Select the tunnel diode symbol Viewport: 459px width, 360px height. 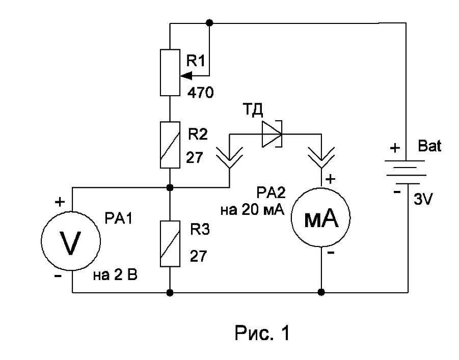pyautogui.click(x=272, y=134)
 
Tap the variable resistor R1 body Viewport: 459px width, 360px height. pyautogui.click(x=170, y=73)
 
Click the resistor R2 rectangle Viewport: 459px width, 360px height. pyautogui.click(x=170, y=145)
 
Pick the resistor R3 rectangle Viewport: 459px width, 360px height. pyautogui.click(x=170, y=243)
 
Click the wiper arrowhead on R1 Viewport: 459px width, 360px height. pyautogui.click(x=186, y=76)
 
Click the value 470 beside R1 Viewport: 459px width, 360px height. pyautogui.click(x=201, y=93)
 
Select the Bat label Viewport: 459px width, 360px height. pyautogui.click(x=429, y=146)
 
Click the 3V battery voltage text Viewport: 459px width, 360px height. pyautogui.click(x=423, y=200)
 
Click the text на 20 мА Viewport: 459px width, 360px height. pyautogui.click(x=252, y=210)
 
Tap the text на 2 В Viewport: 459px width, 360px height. pyautogui.click(x=115, y=275)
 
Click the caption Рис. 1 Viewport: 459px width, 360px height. pyautogui.click(x=262, y=333)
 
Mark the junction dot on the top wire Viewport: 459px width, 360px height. pyautogui.click(x=209, y=22)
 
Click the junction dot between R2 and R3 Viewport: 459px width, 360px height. pyautogui.click(x=170, y=187)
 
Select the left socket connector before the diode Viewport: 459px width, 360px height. pyautogui.click(x=229, y=158)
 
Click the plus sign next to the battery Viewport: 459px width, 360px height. pyautogui.click(x=395, y=148)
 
